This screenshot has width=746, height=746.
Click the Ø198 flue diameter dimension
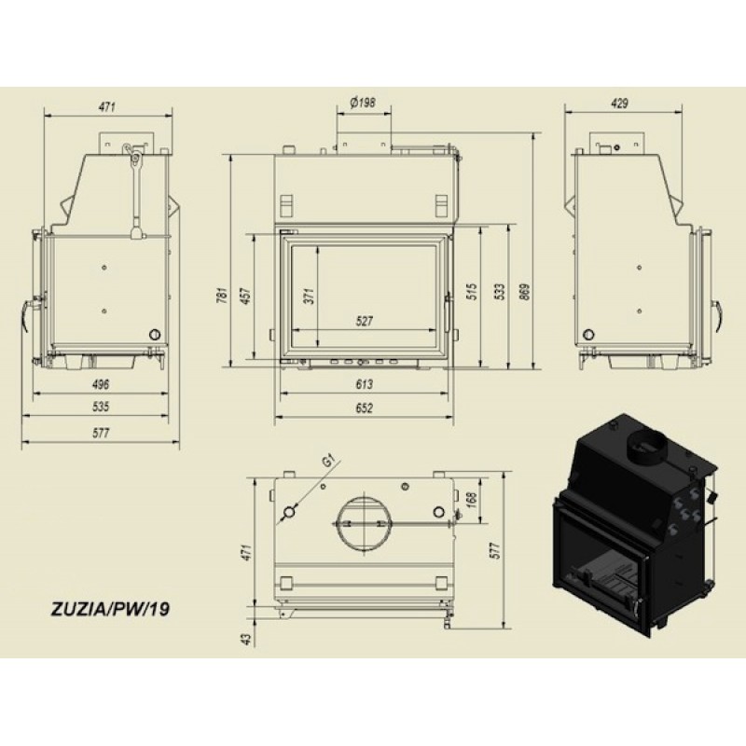(363, 102)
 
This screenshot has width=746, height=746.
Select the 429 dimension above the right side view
(619, 103)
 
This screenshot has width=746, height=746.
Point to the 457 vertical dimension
(246, 296)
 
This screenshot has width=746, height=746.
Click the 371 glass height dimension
(310, 296)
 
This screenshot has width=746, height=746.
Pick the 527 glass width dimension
(364, 321)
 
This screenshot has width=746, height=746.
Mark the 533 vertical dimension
(499, 292)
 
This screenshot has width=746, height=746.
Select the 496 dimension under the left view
(101, 383)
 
